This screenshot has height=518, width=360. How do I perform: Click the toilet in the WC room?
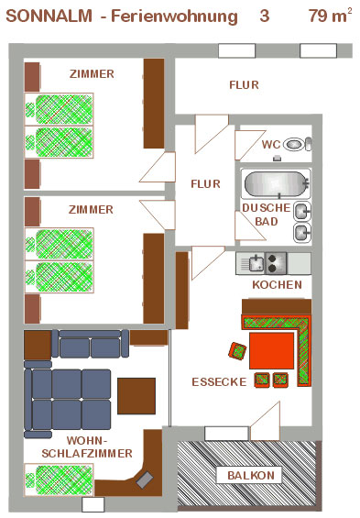[298, 144]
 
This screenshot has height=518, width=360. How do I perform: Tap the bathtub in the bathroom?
[277, 183]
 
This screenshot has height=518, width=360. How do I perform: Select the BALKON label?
[251, 476]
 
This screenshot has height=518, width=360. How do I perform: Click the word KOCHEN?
[278, 285]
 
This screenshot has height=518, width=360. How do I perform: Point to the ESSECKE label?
[220, 382]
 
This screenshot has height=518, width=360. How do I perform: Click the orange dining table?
[271, 351]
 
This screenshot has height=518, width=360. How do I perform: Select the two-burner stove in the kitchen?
[276, 263]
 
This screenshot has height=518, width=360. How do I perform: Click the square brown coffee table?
[136, 396]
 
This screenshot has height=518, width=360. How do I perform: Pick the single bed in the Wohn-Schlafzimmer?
[59, 479]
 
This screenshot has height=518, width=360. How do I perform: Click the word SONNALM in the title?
[49, 16]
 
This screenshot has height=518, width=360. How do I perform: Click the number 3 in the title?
[265, 16]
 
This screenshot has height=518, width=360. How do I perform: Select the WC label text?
[271, 144]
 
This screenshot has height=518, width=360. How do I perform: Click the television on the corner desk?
[145, 479]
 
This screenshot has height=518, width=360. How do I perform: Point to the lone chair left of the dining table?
[237, 351]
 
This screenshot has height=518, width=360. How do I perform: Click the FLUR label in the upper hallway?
[244, 85]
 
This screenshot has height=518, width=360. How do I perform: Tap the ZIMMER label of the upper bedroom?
[92, 73]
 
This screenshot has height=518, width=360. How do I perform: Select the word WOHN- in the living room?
[87, 440]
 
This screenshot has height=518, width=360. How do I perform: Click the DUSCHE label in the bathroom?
[267, 208]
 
